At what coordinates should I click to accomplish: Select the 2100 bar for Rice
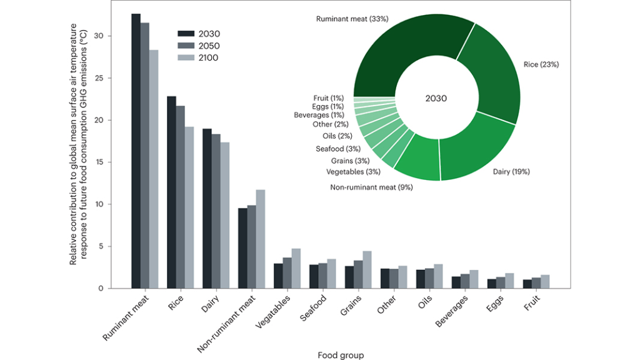tap(189, 207)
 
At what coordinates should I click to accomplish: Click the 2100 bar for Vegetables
tap(296, 268)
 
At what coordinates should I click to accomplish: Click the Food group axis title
tap(341, 355)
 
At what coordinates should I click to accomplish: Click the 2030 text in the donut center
tap(436, 98)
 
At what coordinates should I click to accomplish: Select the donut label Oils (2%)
tap(338, 136)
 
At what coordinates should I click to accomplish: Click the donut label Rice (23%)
tap(541, 64)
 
